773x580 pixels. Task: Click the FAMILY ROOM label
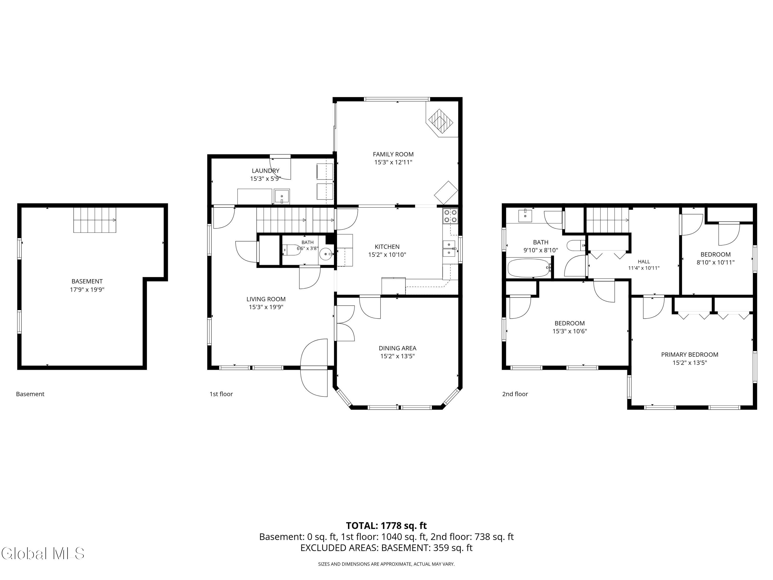(393, 154)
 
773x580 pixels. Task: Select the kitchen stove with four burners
(450, 216)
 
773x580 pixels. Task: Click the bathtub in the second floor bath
(529, 268)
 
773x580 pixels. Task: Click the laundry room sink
(282, 196)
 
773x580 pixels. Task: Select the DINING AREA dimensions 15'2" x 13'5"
(397, 356)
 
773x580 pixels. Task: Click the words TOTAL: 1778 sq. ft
(386, 526)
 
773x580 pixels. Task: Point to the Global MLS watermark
(43, 553)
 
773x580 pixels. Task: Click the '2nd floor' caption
(515, 394)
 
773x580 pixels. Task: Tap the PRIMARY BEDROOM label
(690, 354)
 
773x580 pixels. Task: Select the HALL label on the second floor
(644, 261)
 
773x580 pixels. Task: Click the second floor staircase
(607, 220)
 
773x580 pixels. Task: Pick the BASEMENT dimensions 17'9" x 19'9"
(87, 289)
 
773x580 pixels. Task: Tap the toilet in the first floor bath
(291, 250)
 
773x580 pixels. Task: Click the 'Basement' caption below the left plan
(30, 394)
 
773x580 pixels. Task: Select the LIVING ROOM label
(266, 299)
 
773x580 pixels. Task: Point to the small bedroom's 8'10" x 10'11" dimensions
(715, 262)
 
